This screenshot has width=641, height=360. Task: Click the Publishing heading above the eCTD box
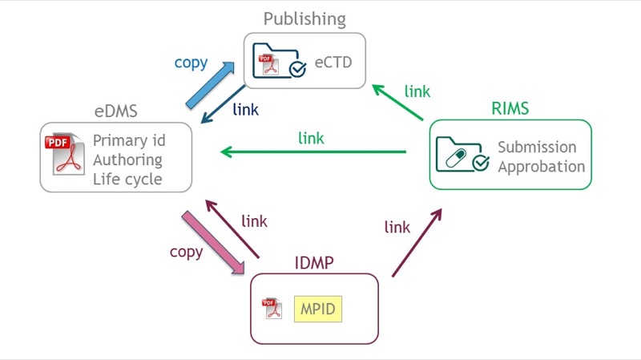tap(304, 18)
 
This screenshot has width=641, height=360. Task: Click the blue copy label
tap(191, 63)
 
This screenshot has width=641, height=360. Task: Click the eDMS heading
tap(116, 112)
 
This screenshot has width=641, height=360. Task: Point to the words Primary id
tap(129, 140)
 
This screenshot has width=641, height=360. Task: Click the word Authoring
tap(127, 160)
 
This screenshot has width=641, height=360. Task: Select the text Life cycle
tap(127, 179)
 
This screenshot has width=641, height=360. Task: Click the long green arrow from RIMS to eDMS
tap(312, 151)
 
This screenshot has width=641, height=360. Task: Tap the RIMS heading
tap(511, 108)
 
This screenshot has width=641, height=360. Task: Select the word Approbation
tap(541, 167)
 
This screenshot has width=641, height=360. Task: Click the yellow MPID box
tap(318, 308)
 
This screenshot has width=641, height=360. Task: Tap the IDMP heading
tap(313, 263)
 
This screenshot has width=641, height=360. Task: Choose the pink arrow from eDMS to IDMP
tap(212, 243)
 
